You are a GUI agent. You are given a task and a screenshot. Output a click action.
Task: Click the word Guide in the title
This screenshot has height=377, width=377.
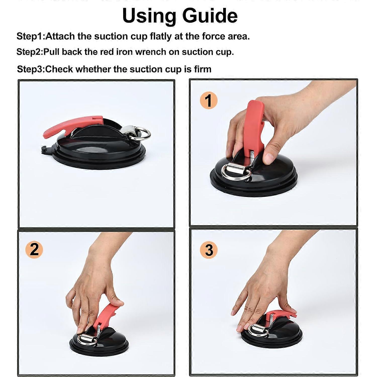[x=210, y=16]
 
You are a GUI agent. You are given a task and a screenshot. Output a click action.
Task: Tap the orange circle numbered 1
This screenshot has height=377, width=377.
[x=208, y=101]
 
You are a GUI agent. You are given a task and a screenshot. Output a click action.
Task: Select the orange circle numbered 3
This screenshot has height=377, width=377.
[x=209, y=250]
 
